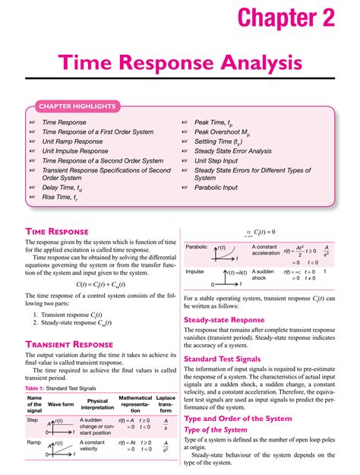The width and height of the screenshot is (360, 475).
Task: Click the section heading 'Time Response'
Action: [57, 231]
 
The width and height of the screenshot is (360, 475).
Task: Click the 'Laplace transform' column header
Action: [165, 404]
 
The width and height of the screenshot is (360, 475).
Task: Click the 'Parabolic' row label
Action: [197, 248]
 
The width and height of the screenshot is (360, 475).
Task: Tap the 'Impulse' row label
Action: [195, 271]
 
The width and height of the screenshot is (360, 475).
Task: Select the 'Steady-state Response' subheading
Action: [223, 320]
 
